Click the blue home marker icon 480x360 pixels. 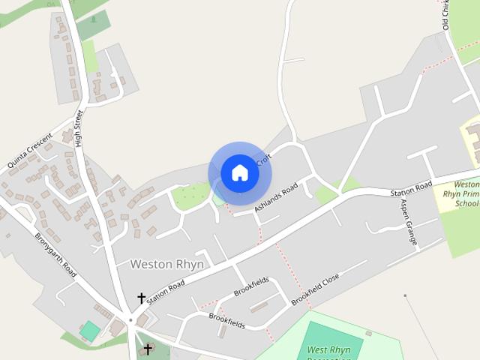(240, 173)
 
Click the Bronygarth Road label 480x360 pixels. (55, 255)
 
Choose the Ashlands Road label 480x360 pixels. (276, 196)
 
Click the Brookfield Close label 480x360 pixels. (316, 289)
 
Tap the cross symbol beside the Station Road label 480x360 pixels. (141, 298)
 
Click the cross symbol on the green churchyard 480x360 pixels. (148, 349)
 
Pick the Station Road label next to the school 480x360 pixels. (411, 189)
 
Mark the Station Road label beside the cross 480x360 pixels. (166, 292)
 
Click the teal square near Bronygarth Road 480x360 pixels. (90, 331)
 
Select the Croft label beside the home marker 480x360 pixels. (263, 160)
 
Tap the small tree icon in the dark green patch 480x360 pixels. (93, 18)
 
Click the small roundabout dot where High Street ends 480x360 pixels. (130, 321)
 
